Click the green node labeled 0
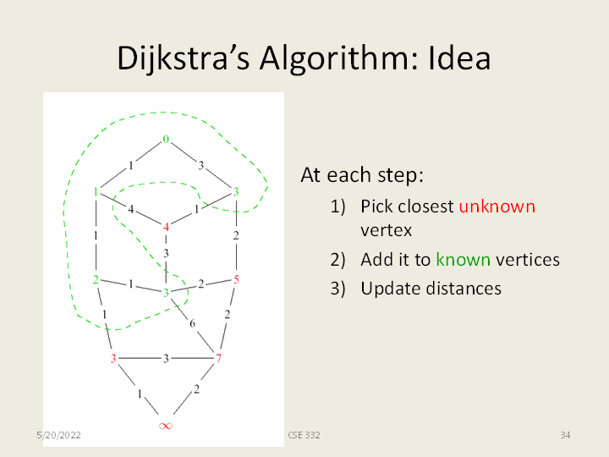click(166, 139)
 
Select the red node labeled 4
click(166, 227)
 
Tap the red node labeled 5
click(236, 279)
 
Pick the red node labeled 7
click(218, 358)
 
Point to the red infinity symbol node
click(166, 426)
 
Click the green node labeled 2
click(96, 279)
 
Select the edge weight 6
click(192, 323)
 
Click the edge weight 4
click(131, 210)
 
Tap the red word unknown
click(497, 206)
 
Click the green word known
click(464, 259)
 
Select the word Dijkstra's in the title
click(184, 58)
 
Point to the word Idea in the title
click(459, 58)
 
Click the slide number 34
click(565, 435)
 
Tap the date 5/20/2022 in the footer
click(58, 435)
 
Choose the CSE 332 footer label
click(304, 435)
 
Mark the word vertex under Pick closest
click(386, 230)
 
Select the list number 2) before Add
click(337, 260)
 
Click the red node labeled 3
click(113, 358)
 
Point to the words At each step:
click(362, 175)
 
